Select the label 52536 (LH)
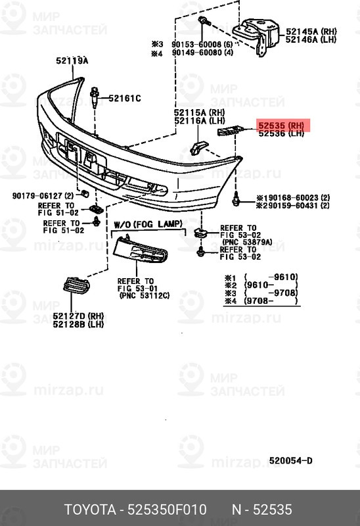click(281, 133)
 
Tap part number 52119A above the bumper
click(72, 61)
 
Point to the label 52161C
click(125, 99)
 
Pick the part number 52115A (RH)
click(199, 112)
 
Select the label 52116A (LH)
click(199, 121)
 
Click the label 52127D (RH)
click(79, 316)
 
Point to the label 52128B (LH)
click(79, 324)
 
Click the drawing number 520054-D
click(290, 460)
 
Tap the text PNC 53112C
click(144, 295)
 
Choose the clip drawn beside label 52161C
click(96, 97)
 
